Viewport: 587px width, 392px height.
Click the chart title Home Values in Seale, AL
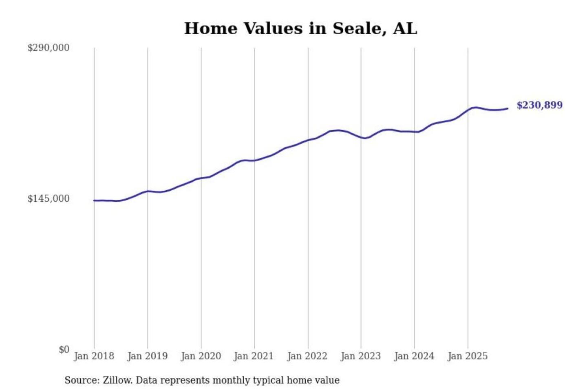(x=300, y=29)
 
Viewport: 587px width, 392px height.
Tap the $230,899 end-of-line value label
(x=539, y=105)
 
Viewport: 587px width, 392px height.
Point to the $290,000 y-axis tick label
(x=49, y=48)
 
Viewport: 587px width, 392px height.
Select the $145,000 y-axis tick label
(x=49, y=199)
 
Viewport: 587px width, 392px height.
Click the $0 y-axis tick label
(x=64, y=350)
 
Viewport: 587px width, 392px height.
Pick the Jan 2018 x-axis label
(x=94, y=356)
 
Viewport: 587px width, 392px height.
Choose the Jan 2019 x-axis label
(x=147, y=356)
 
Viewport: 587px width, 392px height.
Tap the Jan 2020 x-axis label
(x=201, y=356)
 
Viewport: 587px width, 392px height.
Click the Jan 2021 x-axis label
(x=254, y=356)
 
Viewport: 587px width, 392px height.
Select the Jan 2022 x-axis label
(x=307, y=356)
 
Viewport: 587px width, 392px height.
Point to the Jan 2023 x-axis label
(x=360, y=356)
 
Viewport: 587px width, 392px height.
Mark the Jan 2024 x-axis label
(x=414, y=356)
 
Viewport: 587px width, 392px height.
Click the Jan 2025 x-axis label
(x=467, y=356)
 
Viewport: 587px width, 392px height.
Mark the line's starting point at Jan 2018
(x=94, y=200)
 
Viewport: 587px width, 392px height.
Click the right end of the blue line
(x=508, y=108)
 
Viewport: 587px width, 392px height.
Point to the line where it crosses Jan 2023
(x=361, y=137)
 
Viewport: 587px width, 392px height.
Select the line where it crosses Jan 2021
(x=254, y=160)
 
